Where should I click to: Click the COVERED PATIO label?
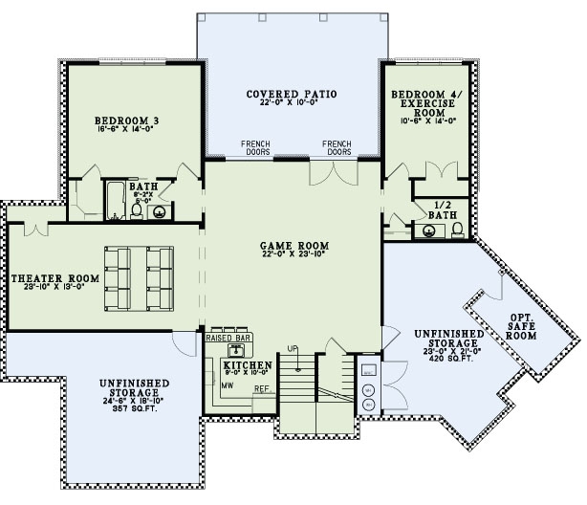pyautogui.click(x=293, y=94)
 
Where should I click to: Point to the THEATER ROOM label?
pyautogui.click(x=54, y=278)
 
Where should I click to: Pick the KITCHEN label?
pyautogui.click(x=247, y=365)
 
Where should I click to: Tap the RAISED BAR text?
pyautogui.click(x=228, y=338)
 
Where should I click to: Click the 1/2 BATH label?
pyautogui.click(x=442, y=210)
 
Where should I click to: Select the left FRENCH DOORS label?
pyautogui.click(x=255, y=147)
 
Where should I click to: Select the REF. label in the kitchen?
pyautogui.click(x=260, y=388)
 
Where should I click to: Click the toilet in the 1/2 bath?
pyautogui.click(x=457, y=229)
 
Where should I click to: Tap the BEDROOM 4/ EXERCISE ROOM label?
pyautogui.click(x=425, y=106)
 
